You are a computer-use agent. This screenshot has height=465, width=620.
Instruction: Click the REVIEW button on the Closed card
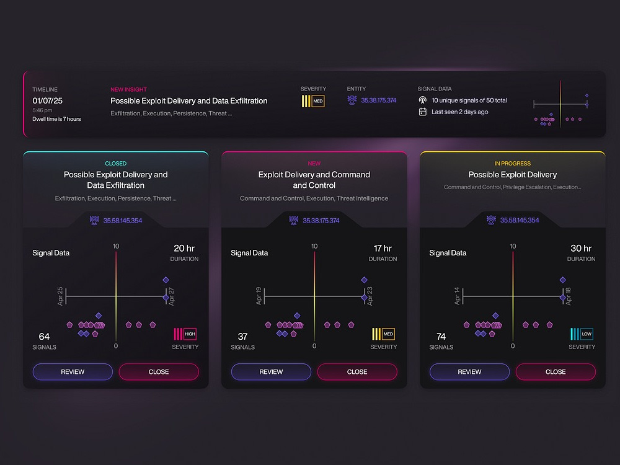point(73,371)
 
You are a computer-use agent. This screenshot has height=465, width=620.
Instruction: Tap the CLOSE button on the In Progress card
point(556,371)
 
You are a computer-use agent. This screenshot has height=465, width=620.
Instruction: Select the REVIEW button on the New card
point(272,371)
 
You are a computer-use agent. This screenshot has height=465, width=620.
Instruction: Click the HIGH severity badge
point(185,334)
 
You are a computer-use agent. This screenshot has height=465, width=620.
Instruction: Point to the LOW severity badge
point(582,334)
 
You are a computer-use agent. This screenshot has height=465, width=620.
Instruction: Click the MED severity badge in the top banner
point(313,101)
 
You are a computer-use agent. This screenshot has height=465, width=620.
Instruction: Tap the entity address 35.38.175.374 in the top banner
point(378,100)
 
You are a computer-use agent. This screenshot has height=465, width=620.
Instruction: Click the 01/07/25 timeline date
point(48,101)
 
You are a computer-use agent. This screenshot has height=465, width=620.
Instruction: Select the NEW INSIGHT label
point(128,89)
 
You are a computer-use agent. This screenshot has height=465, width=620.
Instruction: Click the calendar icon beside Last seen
point(423,112)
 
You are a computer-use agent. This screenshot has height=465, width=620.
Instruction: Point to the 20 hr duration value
point(184,249)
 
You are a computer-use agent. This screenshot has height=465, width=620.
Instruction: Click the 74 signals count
point(441,337)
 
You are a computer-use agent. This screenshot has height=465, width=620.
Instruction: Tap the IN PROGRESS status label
point(513,163)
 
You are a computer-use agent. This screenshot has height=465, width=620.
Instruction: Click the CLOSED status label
point(116,163)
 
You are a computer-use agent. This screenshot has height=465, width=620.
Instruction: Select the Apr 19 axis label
point(259,296)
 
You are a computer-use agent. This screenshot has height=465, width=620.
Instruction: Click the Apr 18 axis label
point(568,296)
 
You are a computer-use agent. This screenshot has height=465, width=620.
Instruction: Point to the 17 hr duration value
point(383,249)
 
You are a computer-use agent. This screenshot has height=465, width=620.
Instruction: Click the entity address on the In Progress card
point(520,220)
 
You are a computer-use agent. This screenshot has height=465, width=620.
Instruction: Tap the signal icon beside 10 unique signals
point(423,100)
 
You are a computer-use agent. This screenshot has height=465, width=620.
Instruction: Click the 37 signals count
point(242,337)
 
